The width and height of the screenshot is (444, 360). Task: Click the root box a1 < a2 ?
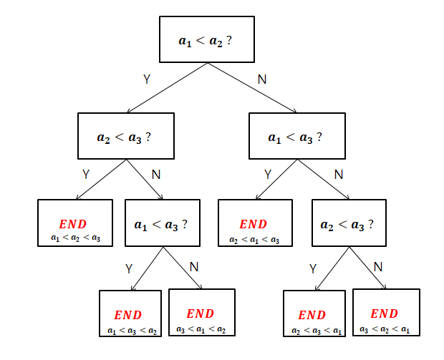click(x=206, y=39)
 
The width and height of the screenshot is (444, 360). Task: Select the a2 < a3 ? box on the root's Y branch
click(x=125, y=135)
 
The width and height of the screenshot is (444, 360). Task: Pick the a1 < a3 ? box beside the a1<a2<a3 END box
click(x=162, y=223)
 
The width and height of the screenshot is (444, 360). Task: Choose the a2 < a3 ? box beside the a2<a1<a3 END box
click(x=348, y=223)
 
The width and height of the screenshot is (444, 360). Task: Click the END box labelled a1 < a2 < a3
click(x=76, y=223)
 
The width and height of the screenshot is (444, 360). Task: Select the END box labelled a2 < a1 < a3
click(x=255, y=223)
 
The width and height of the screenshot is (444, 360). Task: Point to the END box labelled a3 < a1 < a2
click(x=201, y=312)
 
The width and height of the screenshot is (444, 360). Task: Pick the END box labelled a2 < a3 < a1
click(x=316, y=313)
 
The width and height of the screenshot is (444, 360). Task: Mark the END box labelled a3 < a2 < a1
click(x=385, y=312)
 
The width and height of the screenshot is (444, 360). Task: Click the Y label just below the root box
click(x=147, y=79)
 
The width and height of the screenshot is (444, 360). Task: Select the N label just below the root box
click(x=261, y=79)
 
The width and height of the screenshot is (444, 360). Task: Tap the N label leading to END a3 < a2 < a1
click(x=378, y=267)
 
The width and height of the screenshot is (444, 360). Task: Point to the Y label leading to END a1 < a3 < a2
click(x=129, y=269)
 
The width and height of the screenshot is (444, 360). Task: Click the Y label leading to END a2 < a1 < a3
click(x=268, y=174)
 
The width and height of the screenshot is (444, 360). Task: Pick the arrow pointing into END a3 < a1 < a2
click(x=183, y=268)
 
